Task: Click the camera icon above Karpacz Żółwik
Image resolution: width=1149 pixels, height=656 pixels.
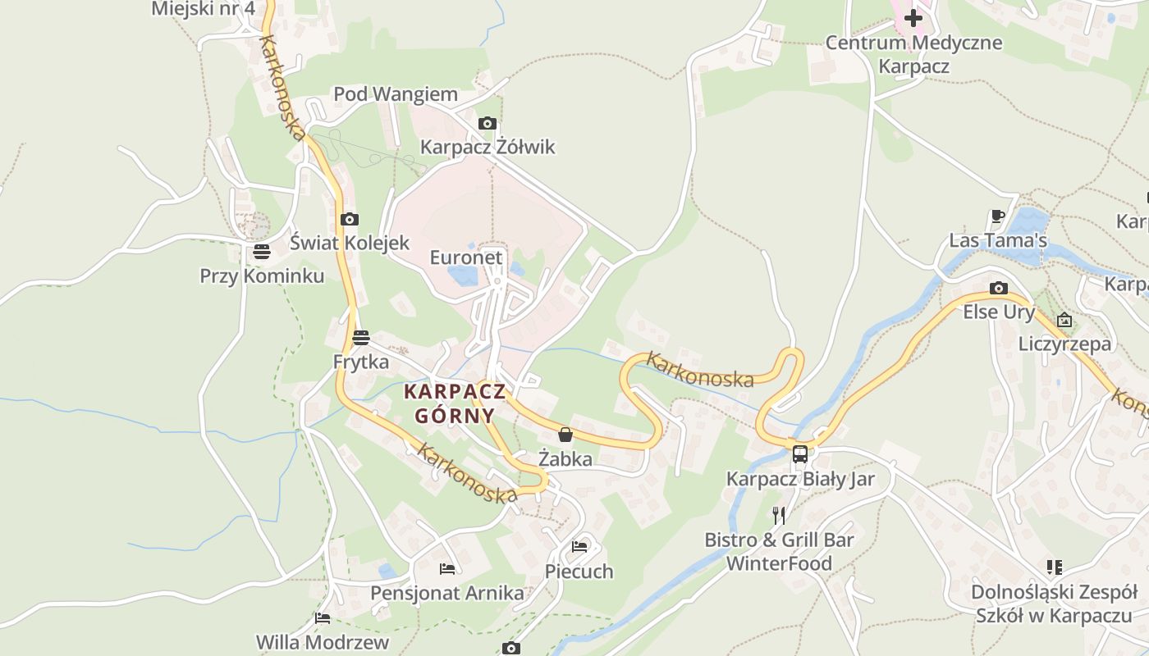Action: tap(487, 124)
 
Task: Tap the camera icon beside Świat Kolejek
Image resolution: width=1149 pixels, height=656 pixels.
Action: tap(350, 219)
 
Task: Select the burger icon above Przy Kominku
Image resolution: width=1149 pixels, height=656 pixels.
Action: tap(262, 251)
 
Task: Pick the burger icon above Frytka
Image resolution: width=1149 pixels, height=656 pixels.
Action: tap(360, 337)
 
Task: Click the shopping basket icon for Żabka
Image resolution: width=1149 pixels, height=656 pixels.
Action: tap(565, 434)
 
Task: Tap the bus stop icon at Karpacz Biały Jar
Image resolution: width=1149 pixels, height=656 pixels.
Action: tap(799, 453)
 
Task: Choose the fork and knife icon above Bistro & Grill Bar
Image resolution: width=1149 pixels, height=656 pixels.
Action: tap(779, 515)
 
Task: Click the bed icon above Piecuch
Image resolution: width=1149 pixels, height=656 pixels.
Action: tap(579, 546)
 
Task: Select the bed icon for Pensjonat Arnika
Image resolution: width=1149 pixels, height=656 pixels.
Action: tap(446, 568)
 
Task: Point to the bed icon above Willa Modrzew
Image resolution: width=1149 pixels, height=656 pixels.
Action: tap(323, 617)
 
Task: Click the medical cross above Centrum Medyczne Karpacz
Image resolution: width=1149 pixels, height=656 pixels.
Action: tap(913, 17)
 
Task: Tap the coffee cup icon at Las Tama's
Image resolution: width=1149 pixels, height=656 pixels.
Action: tap(998, 216)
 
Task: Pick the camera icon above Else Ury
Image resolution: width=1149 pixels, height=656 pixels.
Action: tap(998, 288)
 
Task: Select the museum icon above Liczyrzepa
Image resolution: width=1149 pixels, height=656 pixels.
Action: tap(1064, 319)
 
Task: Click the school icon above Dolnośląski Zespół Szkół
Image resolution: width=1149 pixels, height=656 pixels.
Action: tap(1055, 567)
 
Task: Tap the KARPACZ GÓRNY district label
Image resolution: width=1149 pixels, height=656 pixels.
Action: tap(455, 403)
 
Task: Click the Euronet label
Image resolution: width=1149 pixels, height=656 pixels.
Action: tap(466, 257)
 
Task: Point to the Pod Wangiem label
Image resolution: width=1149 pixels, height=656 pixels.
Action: tap(396, 94)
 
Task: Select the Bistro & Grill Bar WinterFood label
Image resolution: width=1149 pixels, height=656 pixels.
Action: tap(779, 552)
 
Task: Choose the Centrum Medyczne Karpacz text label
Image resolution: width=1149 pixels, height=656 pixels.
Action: tap(913, 54)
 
